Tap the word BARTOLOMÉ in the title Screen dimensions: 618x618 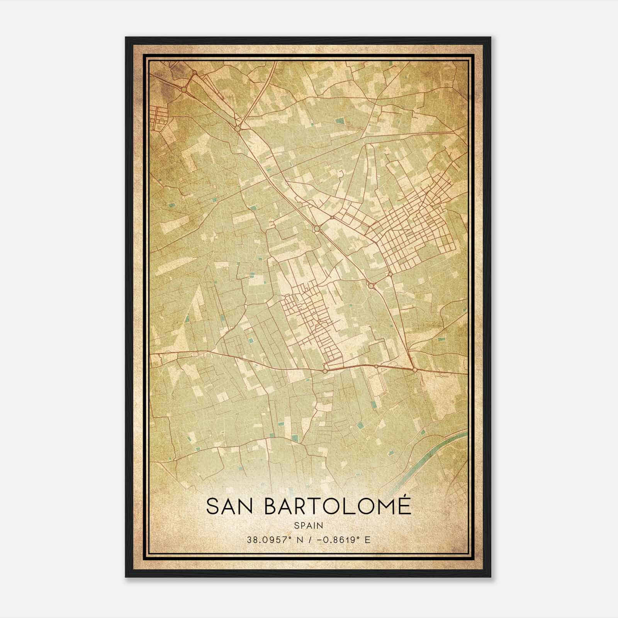coord(338,506)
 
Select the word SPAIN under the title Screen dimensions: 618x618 coord(309,525)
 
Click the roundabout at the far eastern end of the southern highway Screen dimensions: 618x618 coord(415,370)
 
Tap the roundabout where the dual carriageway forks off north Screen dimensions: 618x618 coord(237,128)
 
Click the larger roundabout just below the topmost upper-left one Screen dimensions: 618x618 coord(184,89)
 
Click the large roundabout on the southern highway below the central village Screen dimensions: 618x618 coord(325,371)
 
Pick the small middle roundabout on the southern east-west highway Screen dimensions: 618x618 coord(376,366)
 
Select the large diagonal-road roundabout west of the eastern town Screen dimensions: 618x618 coord(317,229)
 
